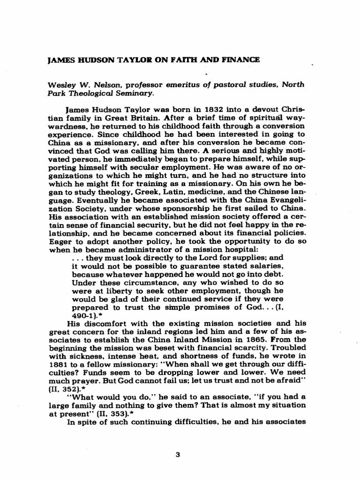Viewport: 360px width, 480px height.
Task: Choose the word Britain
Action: coord(136,118)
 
